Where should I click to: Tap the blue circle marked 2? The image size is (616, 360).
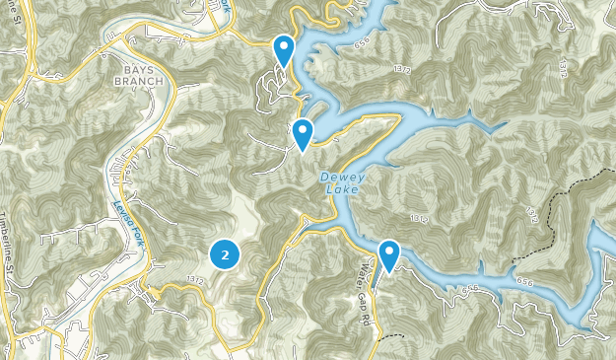226,255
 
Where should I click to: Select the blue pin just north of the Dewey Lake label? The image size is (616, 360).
303,132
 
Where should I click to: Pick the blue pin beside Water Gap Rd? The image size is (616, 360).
389,254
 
